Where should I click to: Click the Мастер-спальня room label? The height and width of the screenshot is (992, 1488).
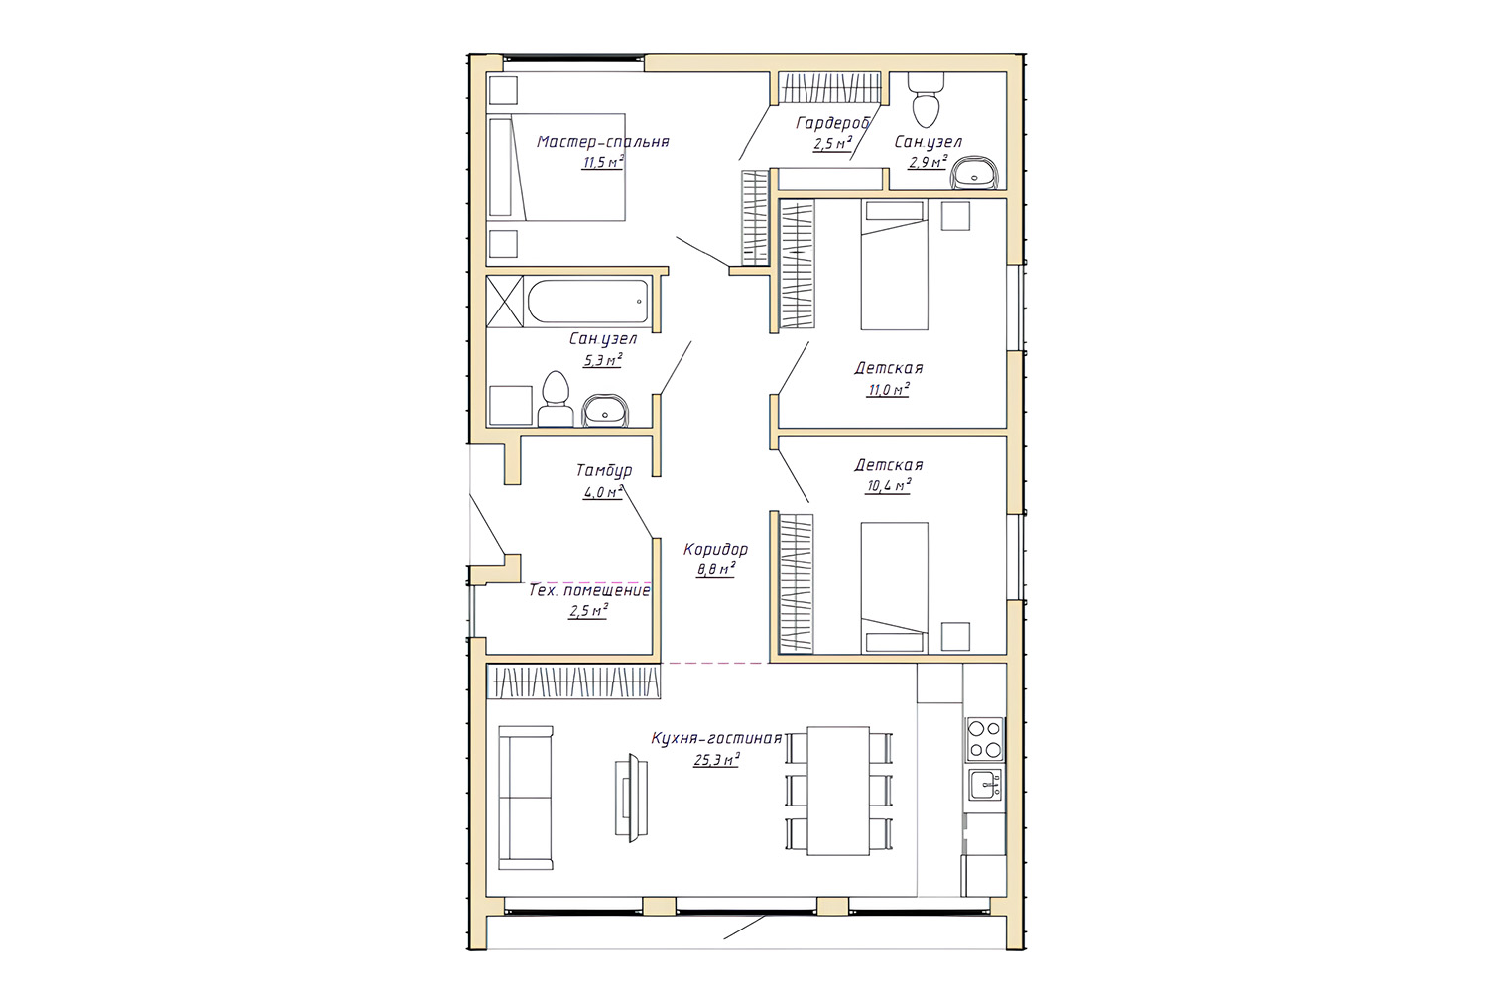coord(602,142)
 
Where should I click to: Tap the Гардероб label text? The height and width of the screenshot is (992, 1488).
coord(833,123)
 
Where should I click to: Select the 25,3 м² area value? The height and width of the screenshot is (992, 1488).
coord(717,760)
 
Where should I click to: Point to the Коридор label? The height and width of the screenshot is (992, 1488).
coord(715,549)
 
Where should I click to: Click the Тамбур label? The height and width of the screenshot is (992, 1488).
coord(604,470)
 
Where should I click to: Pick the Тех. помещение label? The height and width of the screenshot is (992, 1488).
coord(589,590)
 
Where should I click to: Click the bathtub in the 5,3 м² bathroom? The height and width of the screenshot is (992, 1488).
coord(588,302)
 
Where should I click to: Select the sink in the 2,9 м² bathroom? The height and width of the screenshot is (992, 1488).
coord(974,173)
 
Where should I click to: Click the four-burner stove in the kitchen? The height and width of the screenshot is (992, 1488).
coord(985,738)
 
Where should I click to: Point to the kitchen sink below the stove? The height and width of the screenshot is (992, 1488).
coord(985,784)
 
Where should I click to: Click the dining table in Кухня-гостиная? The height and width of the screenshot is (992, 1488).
coord(838,791)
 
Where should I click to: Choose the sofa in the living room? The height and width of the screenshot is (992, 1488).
coord(526,798)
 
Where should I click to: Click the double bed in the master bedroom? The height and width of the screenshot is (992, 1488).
coord(557,167)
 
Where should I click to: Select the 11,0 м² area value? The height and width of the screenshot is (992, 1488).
coord(888,389)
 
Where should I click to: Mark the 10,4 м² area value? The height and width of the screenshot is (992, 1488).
coord(888,486)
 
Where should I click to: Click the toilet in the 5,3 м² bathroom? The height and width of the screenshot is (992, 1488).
coord(556,399)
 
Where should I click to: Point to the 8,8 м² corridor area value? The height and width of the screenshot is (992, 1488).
coord(715,569)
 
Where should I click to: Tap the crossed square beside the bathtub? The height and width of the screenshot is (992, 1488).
coord(505,302)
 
